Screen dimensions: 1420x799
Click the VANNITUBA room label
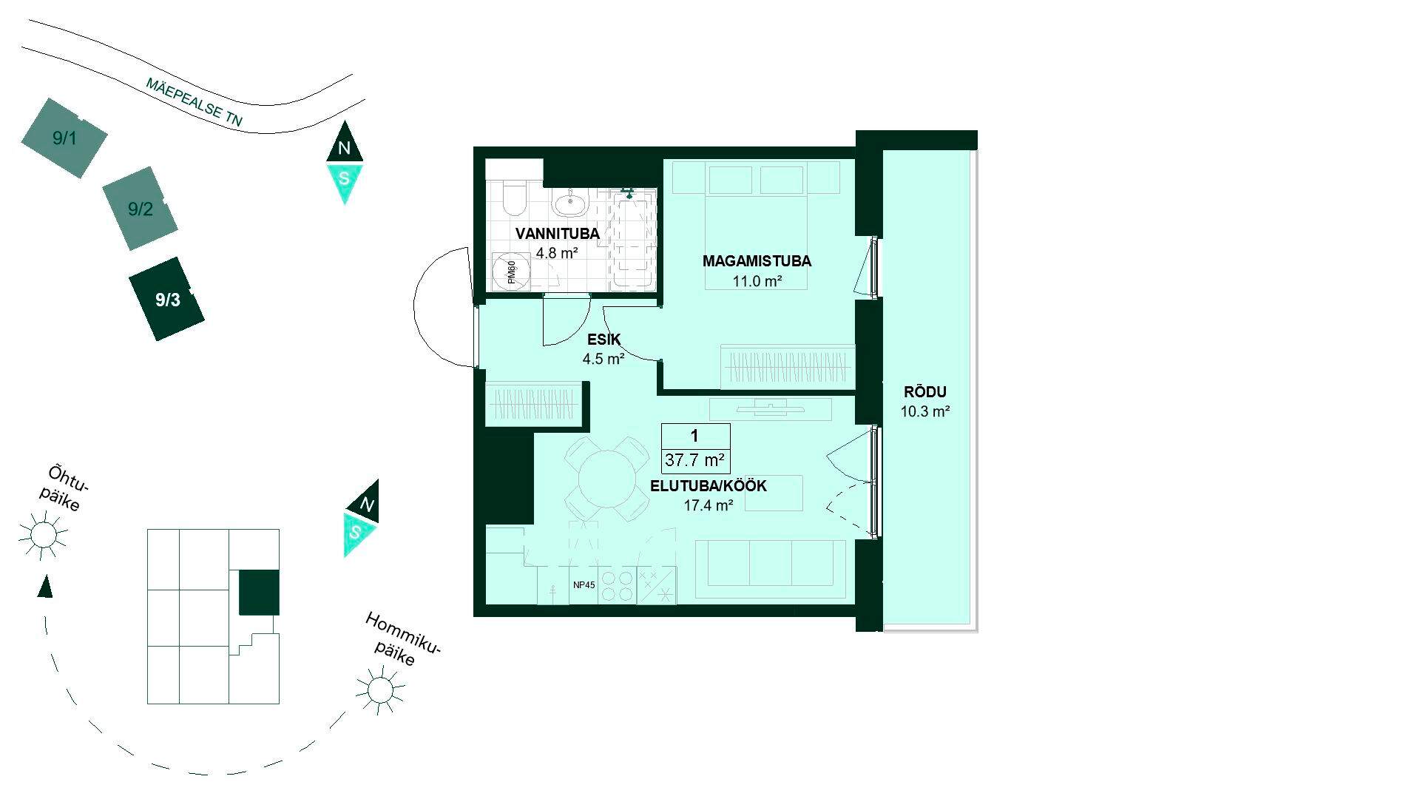click(557, 234)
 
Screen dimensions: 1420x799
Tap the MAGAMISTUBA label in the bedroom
click(757, 261)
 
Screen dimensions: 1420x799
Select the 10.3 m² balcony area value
click(924, 412)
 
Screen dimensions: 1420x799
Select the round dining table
click(603, 479)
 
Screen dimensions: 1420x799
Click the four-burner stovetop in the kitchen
click(617, 586)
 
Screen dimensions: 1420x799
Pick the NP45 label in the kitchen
click(584, 585)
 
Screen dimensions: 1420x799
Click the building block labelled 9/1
click(64, 138)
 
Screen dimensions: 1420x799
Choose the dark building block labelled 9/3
click(167, 299)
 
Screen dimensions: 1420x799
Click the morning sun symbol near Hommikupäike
click(380, 690)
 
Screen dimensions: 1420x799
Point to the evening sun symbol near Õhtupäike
click(43, 534)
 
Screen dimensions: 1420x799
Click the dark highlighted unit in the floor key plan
click(259, 593)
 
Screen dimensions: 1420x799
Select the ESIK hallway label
click(603, 340)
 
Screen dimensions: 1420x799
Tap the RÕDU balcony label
click(925, 393)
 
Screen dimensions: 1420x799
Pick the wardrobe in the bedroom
click(788, 366)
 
